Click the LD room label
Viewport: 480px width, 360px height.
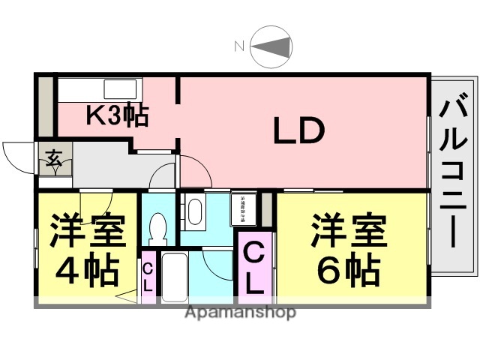click(x=298, y=131)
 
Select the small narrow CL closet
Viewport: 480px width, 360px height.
click(x=148, y=277)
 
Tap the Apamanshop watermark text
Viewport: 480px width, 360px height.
click(x=240, y=312)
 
